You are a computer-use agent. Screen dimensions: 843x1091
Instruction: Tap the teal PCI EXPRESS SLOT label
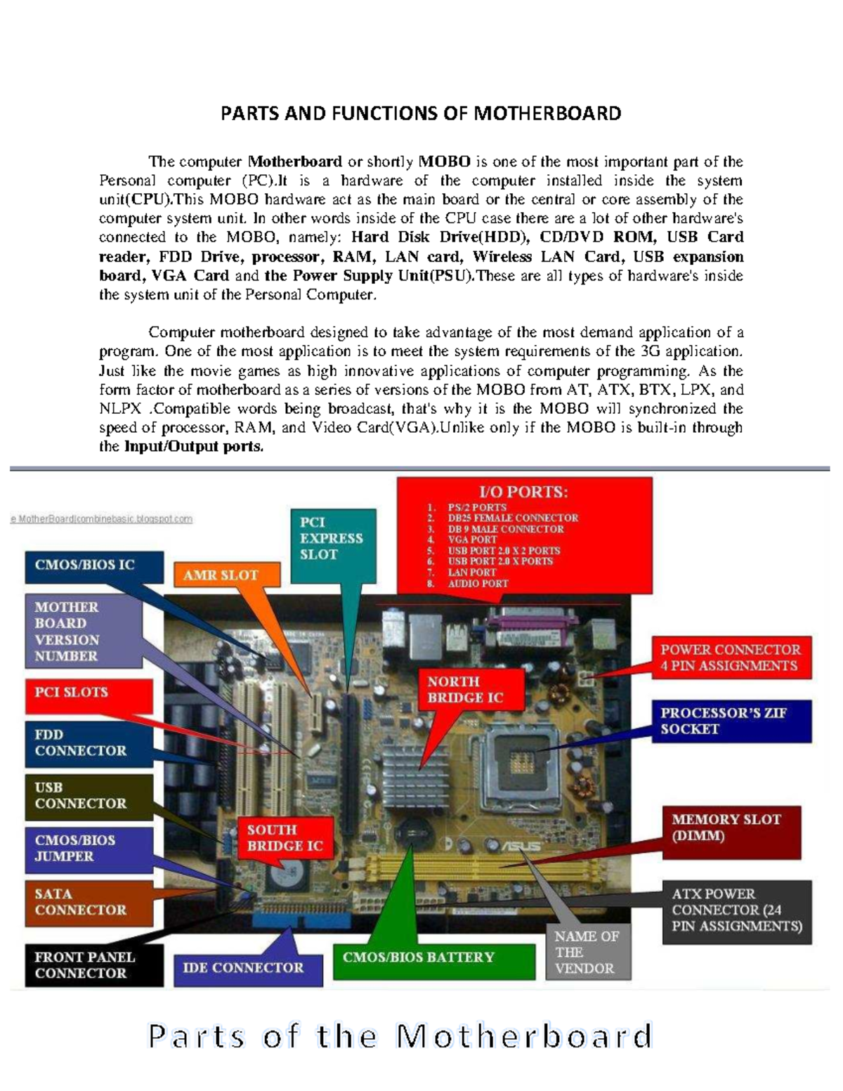click(333, 538)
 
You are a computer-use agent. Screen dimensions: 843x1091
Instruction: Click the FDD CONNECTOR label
click(89, 743)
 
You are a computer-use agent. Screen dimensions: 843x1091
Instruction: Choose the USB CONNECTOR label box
click(89, 796)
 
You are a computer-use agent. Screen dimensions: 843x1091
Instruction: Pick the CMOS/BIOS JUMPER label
click(89, 849)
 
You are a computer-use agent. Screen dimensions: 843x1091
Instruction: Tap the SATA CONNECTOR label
click(89, 902)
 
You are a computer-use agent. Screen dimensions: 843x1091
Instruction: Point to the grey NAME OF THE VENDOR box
click(588, 953)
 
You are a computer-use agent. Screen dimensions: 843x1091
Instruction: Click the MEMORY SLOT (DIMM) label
click(731, 828)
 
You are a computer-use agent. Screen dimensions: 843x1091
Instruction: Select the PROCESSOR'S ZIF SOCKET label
click(731, 721)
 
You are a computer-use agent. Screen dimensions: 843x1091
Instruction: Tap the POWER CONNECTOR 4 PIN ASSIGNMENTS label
click(731, 658)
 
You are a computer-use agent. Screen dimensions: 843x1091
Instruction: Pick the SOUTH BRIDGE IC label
click(284, 838)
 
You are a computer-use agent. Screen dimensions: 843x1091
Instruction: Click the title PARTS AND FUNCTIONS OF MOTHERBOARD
click(421, 114)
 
